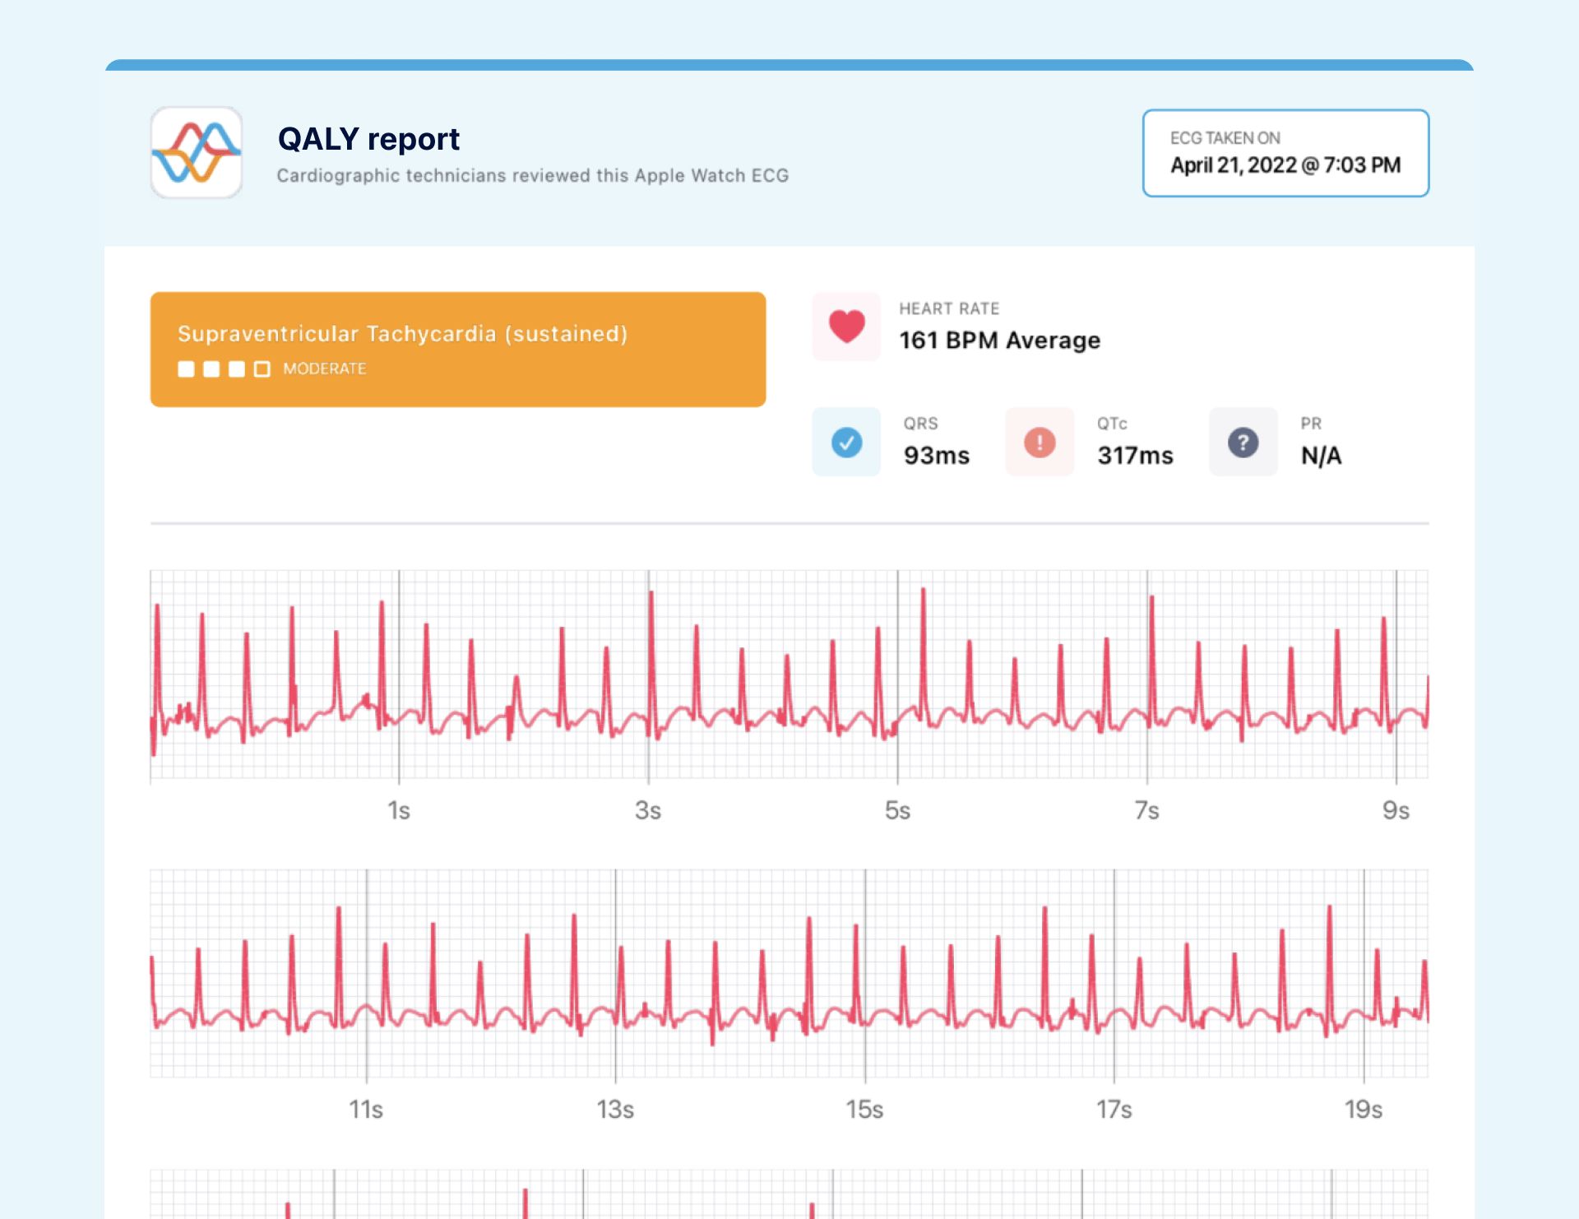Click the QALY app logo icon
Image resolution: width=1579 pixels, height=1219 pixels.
(x=196, y=152)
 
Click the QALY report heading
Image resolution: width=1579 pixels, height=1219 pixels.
(x=368, y=139)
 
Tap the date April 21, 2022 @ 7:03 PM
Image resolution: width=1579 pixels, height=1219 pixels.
(x=1285, y=165)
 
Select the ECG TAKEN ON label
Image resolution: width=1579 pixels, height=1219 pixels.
(x=1225, y=138)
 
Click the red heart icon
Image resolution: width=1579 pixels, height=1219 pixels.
(x=846, y=327)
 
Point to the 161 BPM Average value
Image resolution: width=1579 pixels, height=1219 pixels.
(x=999, y=341)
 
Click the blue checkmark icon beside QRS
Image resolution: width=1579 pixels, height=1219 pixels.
(x=846, y=443)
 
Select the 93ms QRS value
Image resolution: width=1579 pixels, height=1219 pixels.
(x=936, y=456)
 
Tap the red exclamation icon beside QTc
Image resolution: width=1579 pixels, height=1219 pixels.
(x=1040, y=443)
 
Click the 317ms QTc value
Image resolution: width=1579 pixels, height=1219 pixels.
(x=1135, y=456)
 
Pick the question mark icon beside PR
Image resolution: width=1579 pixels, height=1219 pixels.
(x=1243, y=443)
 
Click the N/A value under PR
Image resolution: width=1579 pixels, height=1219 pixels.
(x=1321, y=456)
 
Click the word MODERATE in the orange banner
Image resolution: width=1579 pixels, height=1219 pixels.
(x=325, y=369)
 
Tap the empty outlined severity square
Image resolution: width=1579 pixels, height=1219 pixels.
(x=262, y=369)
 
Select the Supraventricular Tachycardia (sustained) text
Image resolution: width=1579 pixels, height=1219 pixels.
(x=402, y=334)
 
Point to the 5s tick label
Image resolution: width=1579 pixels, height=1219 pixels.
(x=897, y=811)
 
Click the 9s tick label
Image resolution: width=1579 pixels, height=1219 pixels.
(x=1396, y=811)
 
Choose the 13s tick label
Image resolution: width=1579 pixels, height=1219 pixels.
(x=615, y=1110)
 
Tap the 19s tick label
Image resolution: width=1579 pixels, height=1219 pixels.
(x=1363, y=1110)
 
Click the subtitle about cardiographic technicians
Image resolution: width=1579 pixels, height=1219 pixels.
(x=532, y=176)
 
